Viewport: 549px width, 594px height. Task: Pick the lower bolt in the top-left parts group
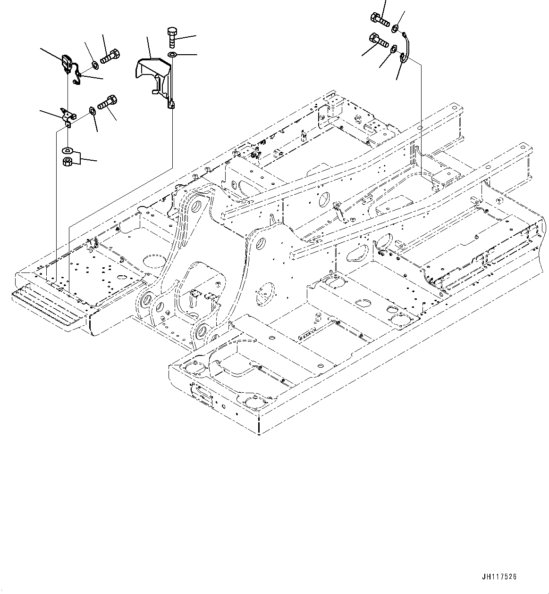coord(107,101)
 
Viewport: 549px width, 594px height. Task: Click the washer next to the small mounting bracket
coord(92,111)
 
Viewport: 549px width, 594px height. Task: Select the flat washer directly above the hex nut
coord(67,151)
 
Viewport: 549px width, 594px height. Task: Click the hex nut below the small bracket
coord(67,162)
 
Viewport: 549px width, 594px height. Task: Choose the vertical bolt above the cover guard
coord(171,37)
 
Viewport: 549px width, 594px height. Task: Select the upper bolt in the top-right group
coord(380,20)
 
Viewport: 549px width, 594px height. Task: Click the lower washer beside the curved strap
coord(392,48)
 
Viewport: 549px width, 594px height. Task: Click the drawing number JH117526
coord(499,576)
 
